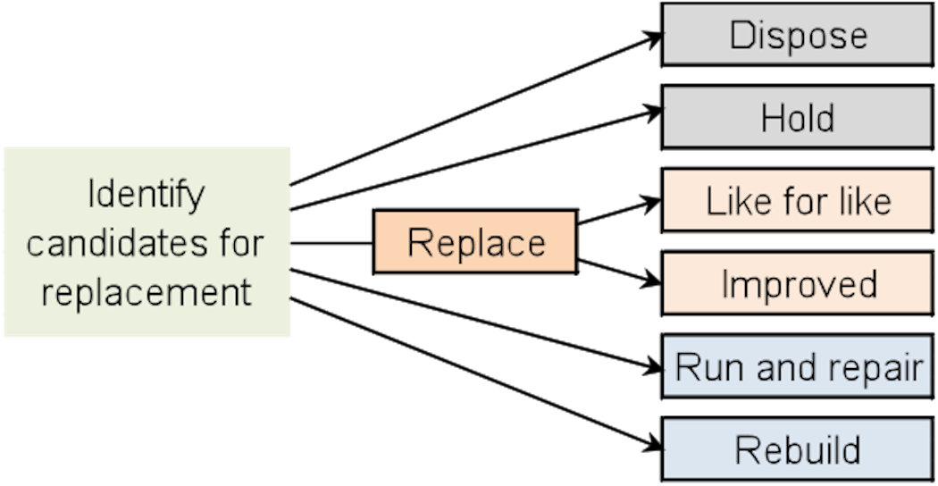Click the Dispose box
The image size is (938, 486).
point(798,35)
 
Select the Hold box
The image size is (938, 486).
point(798,117)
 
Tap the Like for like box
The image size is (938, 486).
point(798,201)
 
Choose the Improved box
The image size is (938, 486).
point(798,284)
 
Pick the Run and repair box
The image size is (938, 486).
point(798,367)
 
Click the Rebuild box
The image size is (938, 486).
point(798,449)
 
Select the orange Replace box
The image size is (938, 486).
point(474,243)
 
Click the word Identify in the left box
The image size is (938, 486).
point(147,194)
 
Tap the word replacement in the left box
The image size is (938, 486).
point(147,291)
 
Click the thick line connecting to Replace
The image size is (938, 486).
point(331,243)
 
